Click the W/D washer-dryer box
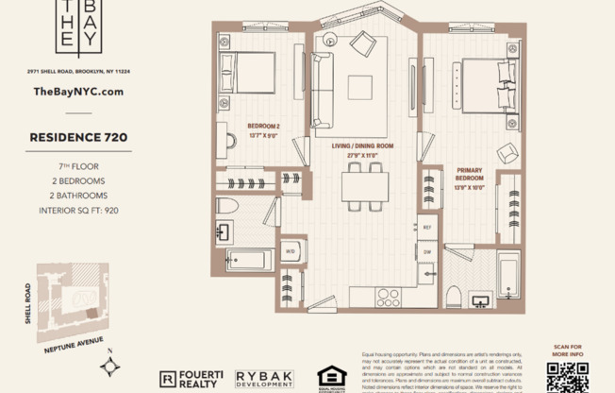291,251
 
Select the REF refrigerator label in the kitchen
426,228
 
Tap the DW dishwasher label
426,252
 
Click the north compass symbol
113,364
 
